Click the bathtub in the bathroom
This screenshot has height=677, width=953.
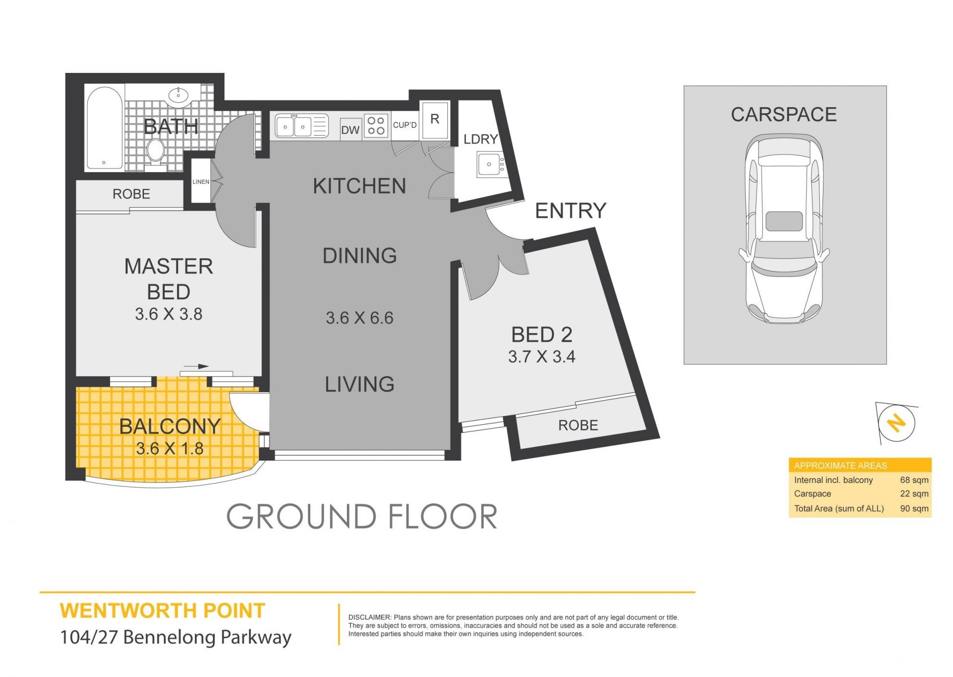tap(105, 128)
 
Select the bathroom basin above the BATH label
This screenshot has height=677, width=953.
tap(178, 95)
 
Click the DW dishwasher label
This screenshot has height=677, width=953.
tap(350, 130)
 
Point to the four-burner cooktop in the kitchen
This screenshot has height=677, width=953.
tap(376, 126)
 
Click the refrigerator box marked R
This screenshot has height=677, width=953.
tap(435, 120)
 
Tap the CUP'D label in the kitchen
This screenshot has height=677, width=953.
tap(405, 125)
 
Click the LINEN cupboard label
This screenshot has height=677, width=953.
tap(201, 182)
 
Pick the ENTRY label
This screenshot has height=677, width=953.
tap(571, 210)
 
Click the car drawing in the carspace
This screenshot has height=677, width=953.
tap(784, 228)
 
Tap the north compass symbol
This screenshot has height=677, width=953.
tap(896, 423)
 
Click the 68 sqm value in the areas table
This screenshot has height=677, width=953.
tap(914, 480)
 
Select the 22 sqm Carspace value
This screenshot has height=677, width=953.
tap(914, 494)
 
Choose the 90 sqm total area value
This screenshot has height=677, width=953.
tap(914, 508)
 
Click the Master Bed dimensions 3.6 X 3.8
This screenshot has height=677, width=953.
tap(169, 314)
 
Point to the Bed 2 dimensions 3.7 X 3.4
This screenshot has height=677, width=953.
tap(542, 356)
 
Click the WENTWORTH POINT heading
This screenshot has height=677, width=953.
tap(162, 611)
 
